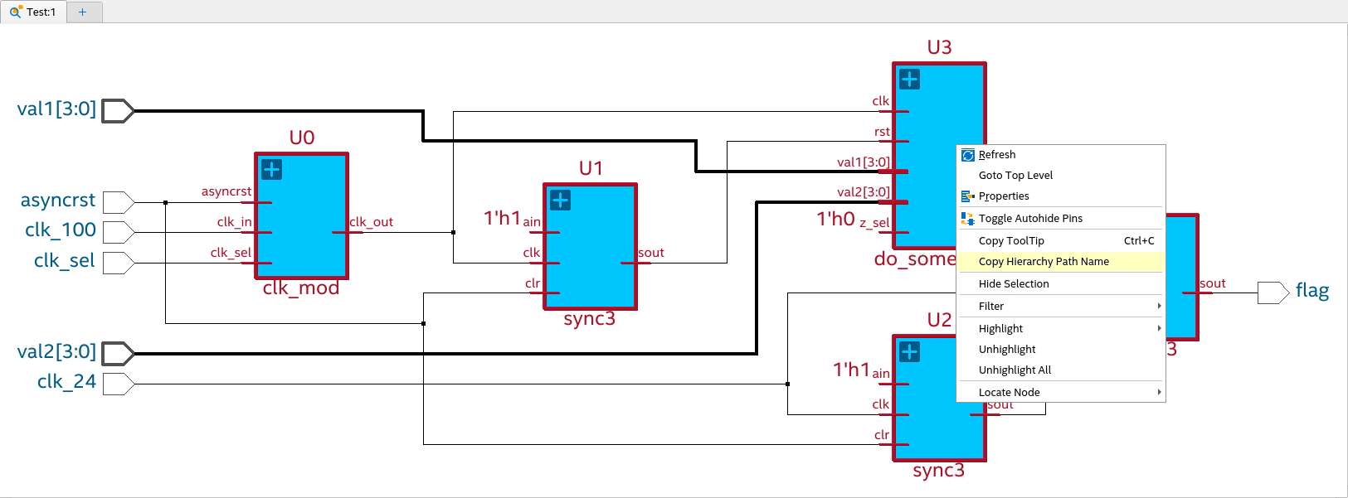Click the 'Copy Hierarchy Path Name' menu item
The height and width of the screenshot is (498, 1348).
coord(1044,262)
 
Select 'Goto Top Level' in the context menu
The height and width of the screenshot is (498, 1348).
coord(1015,176)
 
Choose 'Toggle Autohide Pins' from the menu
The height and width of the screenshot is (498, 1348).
coord(1030,219)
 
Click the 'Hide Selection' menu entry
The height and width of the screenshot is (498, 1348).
coord(1014,284)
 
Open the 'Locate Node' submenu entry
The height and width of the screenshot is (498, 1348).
coord(1009,393)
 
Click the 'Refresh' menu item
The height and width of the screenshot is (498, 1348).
coord(996,155)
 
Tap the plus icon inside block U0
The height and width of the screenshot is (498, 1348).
coord(272,170)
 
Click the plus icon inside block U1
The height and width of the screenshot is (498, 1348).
coord(561,201)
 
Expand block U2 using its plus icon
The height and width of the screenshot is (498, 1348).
coord(910,352)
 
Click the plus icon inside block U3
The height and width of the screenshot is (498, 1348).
coord(910,80)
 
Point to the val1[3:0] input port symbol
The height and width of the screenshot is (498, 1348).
coord(117,111)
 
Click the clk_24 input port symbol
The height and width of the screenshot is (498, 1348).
coord(117,384)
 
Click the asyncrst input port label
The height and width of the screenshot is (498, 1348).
coord(58,201)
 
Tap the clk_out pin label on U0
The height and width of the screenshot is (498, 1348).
coord(371,222)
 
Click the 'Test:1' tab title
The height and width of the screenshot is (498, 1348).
coord(41,12)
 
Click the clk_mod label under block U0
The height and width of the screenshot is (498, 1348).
coord(301,288)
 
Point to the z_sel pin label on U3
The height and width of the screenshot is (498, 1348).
coord(874,223)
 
